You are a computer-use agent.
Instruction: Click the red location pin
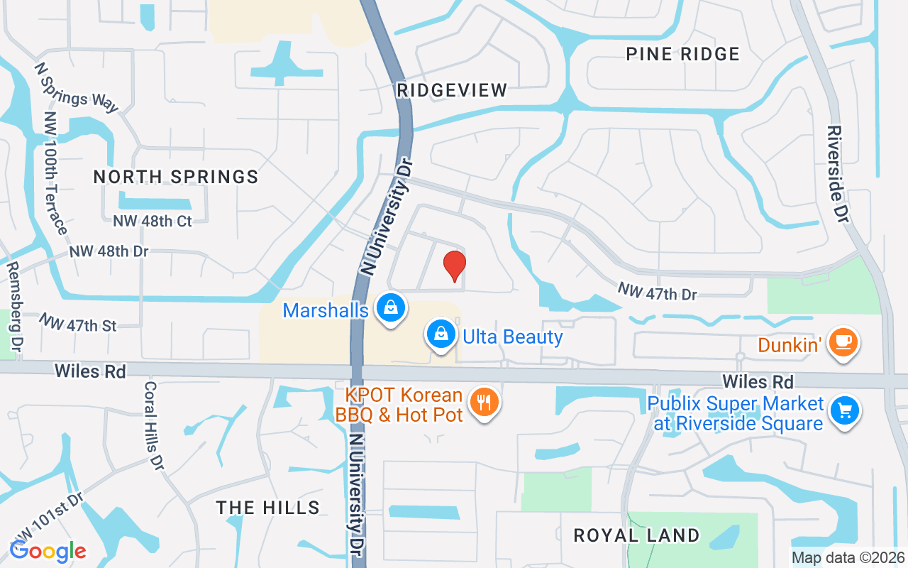(454, 266)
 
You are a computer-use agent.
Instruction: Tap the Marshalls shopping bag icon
(390, 309)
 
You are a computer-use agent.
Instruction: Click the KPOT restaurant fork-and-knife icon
(485, 403)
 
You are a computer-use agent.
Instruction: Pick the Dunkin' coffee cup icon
(843, 343)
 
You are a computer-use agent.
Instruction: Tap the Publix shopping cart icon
(845, 410)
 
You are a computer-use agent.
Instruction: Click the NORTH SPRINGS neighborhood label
(176, 177)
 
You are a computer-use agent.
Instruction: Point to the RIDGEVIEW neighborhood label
(452, 90)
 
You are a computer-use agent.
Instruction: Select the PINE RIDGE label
(683, 54)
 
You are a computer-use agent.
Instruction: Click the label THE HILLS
(268, 507)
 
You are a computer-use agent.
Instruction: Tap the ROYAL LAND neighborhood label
(636, 535)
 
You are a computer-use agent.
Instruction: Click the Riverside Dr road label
(836, 175)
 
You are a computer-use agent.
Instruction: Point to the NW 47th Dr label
(657, 292)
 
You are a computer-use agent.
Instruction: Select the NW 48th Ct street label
(153, 221)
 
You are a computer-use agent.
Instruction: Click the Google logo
(48, 551)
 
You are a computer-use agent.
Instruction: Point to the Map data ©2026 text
(848, 558)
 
